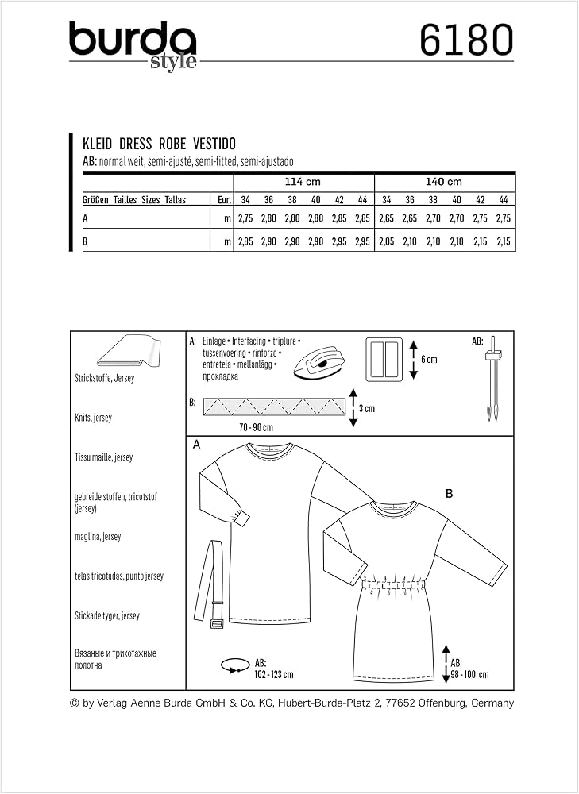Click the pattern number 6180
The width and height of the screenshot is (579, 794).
tap(466, 40)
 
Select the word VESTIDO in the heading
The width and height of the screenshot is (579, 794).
tap(215, 145)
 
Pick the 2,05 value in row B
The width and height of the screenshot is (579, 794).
tap(388, 241)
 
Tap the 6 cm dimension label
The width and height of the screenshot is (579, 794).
tap(429, 360)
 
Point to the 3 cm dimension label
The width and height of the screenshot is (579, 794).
tap(365, 409)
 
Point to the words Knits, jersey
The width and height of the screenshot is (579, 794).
tap(93, 418)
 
